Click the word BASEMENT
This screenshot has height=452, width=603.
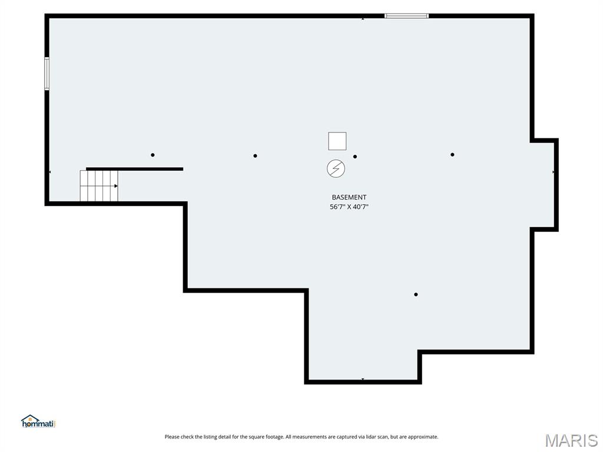pyautogui.click(x=349, y=197)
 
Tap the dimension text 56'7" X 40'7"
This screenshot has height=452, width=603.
pyautogui.click(x=349, y=207)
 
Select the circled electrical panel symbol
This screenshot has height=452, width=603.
pyautogui.click(x=336, y=168)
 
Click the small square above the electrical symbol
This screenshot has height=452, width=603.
pyautogui.click(x=337, y=141)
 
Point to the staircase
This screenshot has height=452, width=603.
pyautogui.click(x=99, y=185)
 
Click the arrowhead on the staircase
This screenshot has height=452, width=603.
pyautogui.click(x=116, y=186)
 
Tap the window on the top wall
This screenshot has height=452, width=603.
pyautogui.click(x=406, y=16)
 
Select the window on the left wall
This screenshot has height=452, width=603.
pyautogui.click(x=47, y=74)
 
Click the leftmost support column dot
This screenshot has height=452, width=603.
pyautogui.click(x=153, y=155)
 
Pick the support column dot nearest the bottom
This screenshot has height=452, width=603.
pyautogui.click(x=416, y=294)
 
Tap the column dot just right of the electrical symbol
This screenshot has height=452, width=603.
pyautogui.click(x=355, y=157)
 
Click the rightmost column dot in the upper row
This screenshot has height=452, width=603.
pyautogui.click(x=452, y=155)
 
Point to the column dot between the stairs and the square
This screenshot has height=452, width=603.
pyautogui.click(x=255, y=155)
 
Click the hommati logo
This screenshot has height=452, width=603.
pyautogui.click(x=38, y=421)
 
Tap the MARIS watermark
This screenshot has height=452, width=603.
pyautogui.click(x=571, y=440)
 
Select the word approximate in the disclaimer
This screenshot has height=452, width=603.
pyautogui.click(x=423, y=437)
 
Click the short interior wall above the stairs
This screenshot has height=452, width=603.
pyautogui.click(x=134, y=169)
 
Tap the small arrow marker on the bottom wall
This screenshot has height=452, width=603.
pyautogui.click(x=363, y=380)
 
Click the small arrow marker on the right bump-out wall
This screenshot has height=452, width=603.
pyautogui.click(x=554, y=172)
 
